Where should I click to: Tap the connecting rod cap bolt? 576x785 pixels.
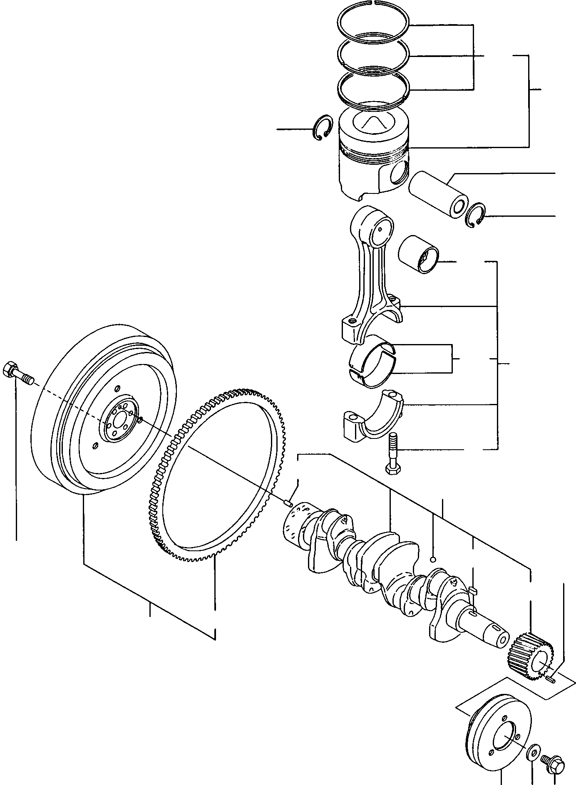pyautogui.click(x=392, y=453)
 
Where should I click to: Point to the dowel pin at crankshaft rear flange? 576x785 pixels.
pyautogui.click(x=287, y=504)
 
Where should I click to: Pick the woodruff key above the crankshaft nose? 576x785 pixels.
pyautogui.click(x=472, y=589)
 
